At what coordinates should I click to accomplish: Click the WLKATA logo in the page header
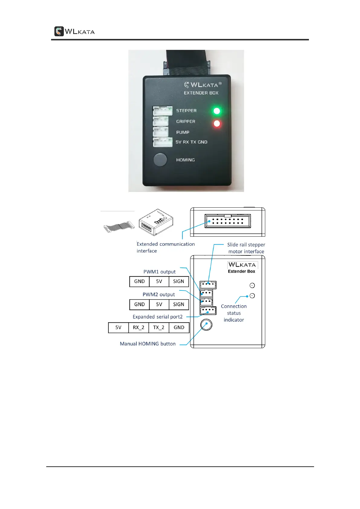[74, 31]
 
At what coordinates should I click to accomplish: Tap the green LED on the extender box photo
[217, 111]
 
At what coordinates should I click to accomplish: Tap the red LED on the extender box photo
[217, 124]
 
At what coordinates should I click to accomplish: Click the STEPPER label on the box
[186, 111]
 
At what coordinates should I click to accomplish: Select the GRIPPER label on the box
[186, 122]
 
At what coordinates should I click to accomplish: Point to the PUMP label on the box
[183, 132]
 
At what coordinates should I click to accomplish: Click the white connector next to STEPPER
[162, 111]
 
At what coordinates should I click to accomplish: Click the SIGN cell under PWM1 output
[178, 281]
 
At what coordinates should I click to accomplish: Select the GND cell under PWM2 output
[139, 304]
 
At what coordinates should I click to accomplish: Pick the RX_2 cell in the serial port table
[138, 328]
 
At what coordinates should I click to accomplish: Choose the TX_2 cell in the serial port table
[159, 328]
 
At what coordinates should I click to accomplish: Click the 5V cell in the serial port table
[118, 328]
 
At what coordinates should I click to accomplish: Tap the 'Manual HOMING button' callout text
[148, 344]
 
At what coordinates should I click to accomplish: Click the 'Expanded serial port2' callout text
[157, 317]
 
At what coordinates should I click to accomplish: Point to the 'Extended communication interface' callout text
[165, 247]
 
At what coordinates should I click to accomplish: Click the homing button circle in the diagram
[206, 325]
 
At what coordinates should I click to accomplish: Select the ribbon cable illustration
[119, 227]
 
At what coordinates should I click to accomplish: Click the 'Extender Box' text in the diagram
[241, 271]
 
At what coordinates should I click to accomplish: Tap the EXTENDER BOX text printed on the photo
[201, 93]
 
